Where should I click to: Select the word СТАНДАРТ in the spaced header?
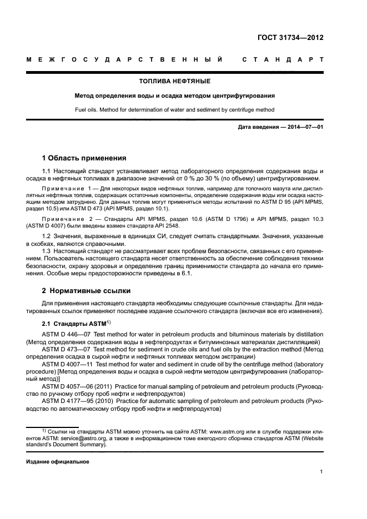[x=283, y=59]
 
